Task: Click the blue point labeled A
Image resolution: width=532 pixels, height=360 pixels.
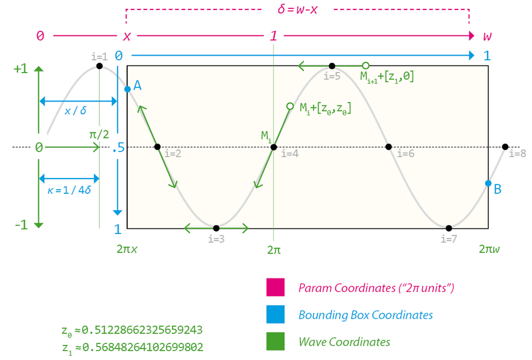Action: point(127,89)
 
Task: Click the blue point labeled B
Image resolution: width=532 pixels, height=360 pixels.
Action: point(488,183)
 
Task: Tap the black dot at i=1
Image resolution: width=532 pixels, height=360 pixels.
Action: point(99,66)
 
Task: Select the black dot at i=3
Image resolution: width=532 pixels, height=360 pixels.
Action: point(216,228)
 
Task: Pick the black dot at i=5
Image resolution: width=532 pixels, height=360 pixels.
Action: point(332,66)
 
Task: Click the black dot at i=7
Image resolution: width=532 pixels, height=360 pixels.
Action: point(449,228)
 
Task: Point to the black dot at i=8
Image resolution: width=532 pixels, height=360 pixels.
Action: point(505,147)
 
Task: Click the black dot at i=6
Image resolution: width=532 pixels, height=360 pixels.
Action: point(389,147)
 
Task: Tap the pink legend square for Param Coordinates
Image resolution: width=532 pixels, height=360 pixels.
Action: point(275,288)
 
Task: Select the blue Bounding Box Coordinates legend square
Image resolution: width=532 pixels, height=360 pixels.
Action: point(275,314)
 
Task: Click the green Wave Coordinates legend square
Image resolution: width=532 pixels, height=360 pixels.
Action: point(275,341)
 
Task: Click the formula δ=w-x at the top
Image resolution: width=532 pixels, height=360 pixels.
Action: point(297,10)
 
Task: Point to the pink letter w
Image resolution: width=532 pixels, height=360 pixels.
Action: point(487,36)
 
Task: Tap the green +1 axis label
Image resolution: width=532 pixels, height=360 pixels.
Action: point(20,69)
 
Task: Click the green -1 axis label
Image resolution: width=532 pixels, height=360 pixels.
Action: point(21,225)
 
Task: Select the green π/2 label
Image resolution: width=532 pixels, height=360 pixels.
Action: point(99,134)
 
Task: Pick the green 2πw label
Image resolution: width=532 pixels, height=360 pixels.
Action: point(489,249)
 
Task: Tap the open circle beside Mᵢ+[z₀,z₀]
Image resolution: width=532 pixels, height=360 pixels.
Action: point(290,106)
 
